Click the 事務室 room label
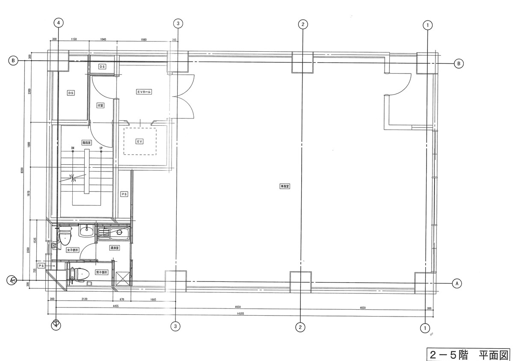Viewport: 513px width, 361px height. pyautogui.click(x=285, y=186)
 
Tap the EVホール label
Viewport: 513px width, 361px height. pyautogui.click(x=144, y=92)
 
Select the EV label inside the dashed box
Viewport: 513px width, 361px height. pyautogui.click(x=139, y=141)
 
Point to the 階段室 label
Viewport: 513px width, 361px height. pyautogui.click(x=87, y=143)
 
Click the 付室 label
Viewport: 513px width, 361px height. pyautogui.click(x=100, y=105)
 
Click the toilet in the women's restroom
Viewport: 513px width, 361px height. pyautogui.click(x=64, y=236)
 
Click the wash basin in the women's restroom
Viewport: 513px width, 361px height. pyautogui.click(x=86, y=231)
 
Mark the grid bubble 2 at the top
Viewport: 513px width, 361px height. pyautogui.click(x=302, y=24)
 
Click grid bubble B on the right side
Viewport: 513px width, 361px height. pyautogui.click(x=458, y=63)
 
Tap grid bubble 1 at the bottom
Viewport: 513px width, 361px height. pyautogui.click(x=425, y=328)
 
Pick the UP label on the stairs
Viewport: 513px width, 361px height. pyautogui.click(x=101, y=148)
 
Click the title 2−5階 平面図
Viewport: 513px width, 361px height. pyautogui.click(x=469, y=355)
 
